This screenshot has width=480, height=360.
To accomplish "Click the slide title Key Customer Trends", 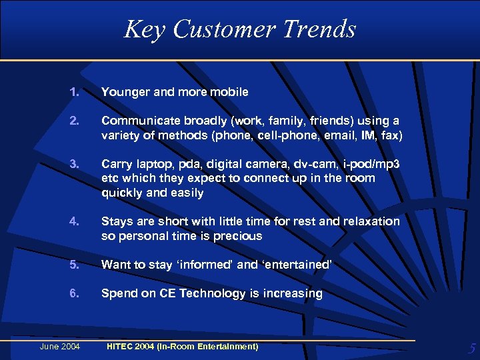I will pyautogui.click(x=240, y=29).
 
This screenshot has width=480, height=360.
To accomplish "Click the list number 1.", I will pyautogui.click(x=73, y=92).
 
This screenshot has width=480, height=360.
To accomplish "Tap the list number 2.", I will pyautogui.click(x=73, y=121).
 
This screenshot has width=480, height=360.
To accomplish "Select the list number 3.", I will pyautogui.click(x=73, y=164).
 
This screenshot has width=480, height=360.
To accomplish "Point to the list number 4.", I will pyautogui.click(x=73, y=221).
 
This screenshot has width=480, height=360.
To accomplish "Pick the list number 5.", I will pyautogui.click(x=73, y=265).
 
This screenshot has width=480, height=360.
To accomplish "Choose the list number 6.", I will pyautogui.click(x=73, y=293).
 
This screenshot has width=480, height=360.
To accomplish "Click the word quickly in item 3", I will pyautogui.click(x=119, y=193).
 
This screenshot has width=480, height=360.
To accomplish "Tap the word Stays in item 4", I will pyautogui.click(x=117, y=221).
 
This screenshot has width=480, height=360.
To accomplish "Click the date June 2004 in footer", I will pyautogui.click(x=59, y=345).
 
